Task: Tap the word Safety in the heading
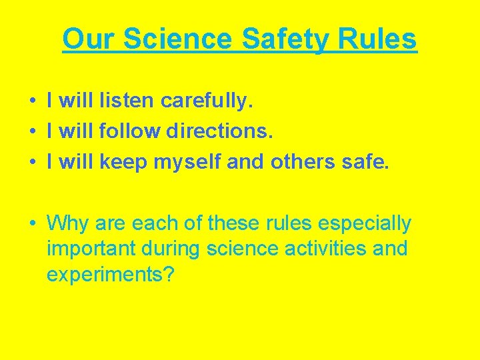(x=286, y=39)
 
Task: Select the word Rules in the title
(x=377, y=39)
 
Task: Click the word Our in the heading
(x=89, y=39)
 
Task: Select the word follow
(x=131, y=131)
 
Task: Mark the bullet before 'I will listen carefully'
(x=32, y=102)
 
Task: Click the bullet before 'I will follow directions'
(x=32, y=131)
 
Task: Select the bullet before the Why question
(x=32, y=223)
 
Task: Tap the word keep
(x=129, y=161)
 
